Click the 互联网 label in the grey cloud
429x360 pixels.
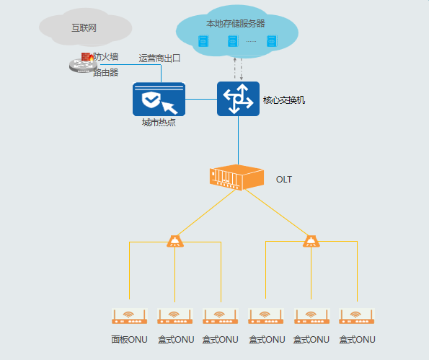(84, 28)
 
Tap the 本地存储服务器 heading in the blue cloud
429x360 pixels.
(236, 24)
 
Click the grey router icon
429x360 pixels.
(83, 66)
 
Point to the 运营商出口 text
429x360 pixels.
(159, 58)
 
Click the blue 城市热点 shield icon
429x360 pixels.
(159, 99)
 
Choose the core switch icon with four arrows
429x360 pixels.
(239, 99)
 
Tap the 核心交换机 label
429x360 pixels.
(284, 100)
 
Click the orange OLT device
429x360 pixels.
(236, 177)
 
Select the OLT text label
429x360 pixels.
(284, 180)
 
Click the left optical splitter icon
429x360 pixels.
(175, 241)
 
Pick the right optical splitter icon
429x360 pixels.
(311, 241)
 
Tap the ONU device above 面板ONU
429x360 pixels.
(129, 316)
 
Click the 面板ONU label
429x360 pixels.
(129, 340)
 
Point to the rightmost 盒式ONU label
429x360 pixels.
(357, 340)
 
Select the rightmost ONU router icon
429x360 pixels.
(356, 316)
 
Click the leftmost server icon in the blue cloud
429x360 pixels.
(203, 41)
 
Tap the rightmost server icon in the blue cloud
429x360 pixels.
(272, 41)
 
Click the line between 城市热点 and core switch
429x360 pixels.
(201, 99)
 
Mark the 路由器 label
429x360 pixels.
(106, 73)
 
